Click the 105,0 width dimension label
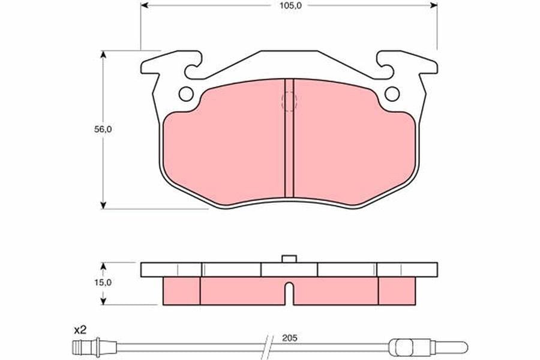(289, 5)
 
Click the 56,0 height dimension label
(103, 130)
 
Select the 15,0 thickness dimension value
(103, 283)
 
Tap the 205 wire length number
(289, 338)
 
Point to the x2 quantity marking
(80, 331)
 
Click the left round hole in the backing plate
(187, 94)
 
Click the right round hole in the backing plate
(392, 94)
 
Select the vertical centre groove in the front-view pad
(289, 138)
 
